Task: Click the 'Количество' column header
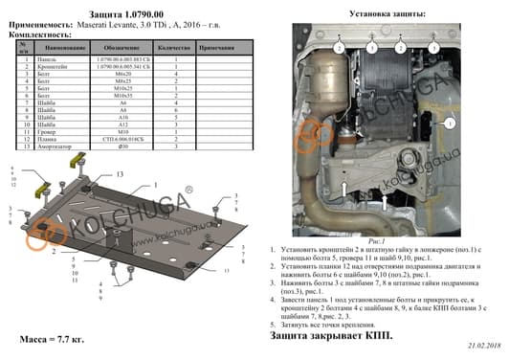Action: [178, 46]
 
